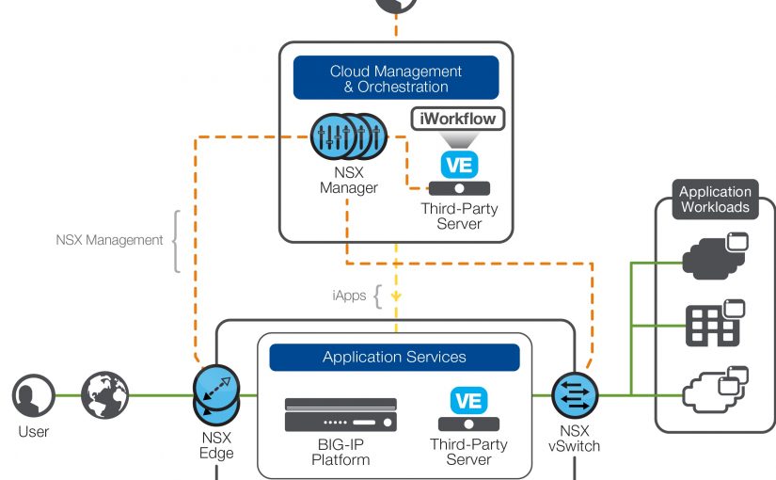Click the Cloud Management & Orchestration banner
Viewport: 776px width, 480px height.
[395, 79]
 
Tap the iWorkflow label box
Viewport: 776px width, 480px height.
[458, 120]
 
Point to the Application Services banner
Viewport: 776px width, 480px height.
[394, 358]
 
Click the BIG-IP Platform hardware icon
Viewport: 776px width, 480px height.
[340, 414]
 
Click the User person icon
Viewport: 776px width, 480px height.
[33, 395]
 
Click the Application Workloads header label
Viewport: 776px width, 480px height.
[715, 199]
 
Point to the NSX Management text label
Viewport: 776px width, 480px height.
[108, 240]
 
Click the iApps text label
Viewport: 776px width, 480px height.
[348, 296]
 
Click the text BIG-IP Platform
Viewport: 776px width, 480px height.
[341, 452]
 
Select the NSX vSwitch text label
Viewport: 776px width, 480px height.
[573, 439]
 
